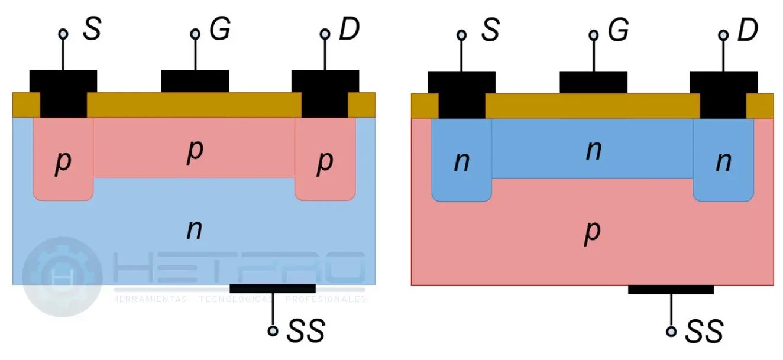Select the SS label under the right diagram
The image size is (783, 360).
point(704,332)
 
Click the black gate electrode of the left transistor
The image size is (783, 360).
point(195,82)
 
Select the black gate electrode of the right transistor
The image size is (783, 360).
point(593,82)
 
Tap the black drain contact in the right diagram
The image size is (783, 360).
point(723,93)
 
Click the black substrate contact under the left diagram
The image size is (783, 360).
point(272,288)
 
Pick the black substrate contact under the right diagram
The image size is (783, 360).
point(671,289)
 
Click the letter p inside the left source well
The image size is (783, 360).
point(63,163)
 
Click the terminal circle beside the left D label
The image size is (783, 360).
point(325,34)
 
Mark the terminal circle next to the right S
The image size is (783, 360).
point(461,35)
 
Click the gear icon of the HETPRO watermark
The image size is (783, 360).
point(62,277)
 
